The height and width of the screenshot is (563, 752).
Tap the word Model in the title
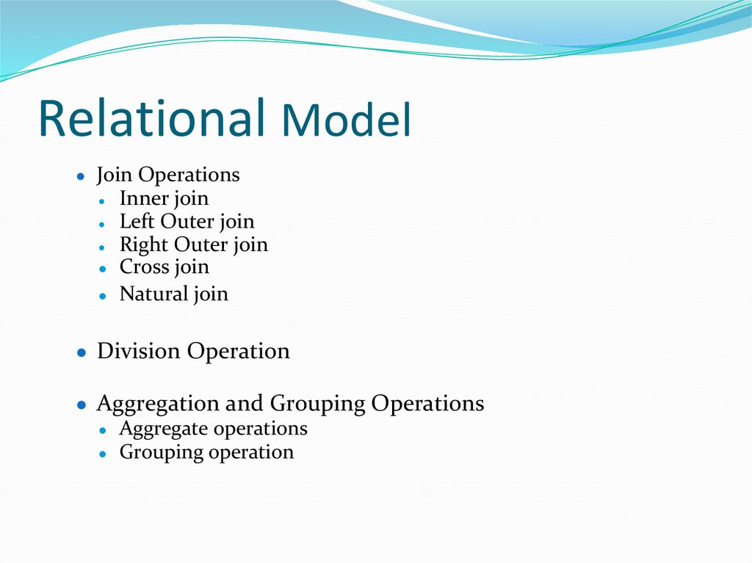pos(346,121)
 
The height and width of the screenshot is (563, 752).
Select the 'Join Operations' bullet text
pos(168,175)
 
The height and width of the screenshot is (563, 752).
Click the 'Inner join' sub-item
pos(164,199)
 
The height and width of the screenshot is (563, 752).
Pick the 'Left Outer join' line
pos(187,222)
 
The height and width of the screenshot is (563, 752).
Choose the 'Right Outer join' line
pos(193,244)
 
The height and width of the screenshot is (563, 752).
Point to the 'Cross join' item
pos(164,267)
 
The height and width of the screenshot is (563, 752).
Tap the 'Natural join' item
pos(173,294)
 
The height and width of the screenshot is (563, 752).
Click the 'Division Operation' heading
pos(193,352)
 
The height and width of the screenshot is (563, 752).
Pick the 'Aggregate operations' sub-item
pos(213,429)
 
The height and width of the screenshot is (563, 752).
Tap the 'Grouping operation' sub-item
pos(206,452)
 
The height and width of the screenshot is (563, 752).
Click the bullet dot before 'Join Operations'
pos(82,177)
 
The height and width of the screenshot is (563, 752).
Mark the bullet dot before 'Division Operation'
pos(82,353)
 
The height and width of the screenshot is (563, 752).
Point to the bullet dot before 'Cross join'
pos(105,269)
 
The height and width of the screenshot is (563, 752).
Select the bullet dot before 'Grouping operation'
pos(105,454)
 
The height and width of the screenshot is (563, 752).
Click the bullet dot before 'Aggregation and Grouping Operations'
pos(82,405)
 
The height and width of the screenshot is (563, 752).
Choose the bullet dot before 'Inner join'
pos(105,200)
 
